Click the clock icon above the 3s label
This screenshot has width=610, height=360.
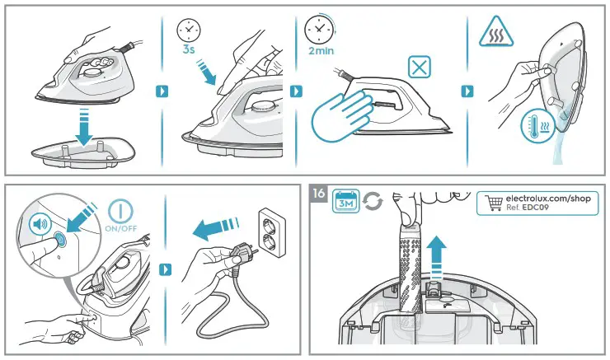click(190, 30)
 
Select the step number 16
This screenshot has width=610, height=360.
click(320, 194)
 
